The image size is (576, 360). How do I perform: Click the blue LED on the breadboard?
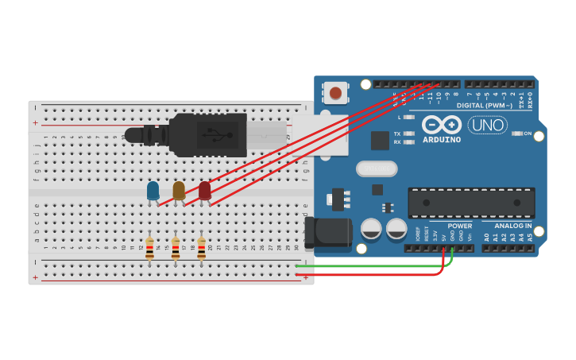(153, 190)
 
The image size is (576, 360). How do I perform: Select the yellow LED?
(179, 190)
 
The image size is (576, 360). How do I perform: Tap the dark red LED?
(205, 190)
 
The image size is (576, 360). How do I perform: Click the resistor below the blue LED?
(149, 249)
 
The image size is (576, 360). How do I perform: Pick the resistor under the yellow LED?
(176, 249)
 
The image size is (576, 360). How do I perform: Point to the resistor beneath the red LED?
(201, 249)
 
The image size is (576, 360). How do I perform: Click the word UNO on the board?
(487, 125)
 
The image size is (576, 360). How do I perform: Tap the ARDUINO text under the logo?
(441, 140)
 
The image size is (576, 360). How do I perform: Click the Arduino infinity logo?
(441, 125)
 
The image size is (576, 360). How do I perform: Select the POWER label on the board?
(459, 226)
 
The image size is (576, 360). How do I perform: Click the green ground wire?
(373, 265)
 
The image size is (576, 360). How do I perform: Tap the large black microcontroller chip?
(471, 203)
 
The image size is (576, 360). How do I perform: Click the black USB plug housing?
(208, 134)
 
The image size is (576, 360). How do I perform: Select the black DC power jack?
(327, 232)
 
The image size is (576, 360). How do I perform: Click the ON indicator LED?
(517, 134)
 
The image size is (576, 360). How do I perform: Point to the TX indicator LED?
(409, 134)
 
